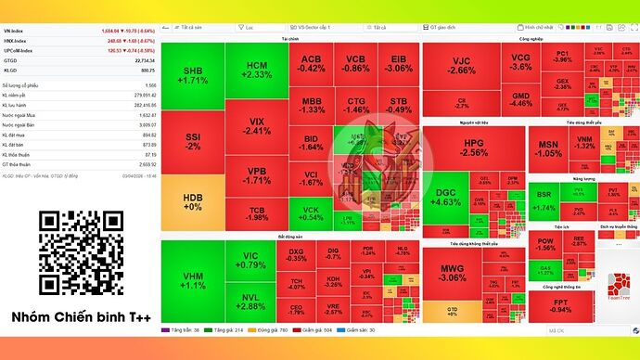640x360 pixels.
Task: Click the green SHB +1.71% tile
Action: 193,76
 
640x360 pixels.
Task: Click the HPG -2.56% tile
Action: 473,147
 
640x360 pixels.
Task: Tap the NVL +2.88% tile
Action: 250,301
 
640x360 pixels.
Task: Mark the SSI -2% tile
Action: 193,140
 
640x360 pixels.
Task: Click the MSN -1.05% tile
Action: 548,148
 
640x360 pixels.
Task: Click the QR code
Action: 81,252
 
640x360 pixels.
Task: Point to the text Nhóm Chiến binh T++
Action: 82,317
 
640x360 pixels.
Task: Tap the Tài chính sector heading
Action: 289,39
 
